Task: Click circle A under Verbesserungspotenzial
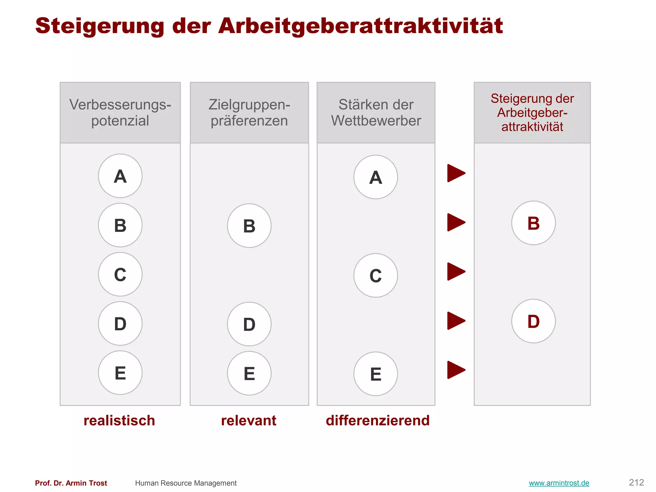pos(120,176)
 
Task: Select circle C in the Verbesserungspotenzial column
pos(120,274)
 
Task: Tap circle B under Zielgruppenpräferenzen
pos(249,225)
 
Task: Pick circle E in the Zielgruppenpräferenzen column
pos(249,373)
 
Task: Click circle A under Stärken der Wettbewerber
pos(375,177)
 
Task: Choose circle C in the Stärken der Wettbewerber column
pos(375,275)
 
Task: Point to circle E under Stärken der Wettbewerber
pos(375,374)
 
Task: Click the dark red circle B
pos(533,223)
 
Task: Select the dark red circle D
pos(533,321)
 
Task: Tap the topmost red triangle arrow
pos(455,173)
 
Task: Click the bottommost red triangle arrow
pos(455,370)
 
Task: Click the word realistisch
pos(119,420)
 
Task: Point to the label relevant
pos(249,420)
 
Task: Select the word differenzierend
pos(378,420)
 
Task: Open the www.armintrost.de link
pos(559,483)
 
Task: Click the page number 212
pos(636,482)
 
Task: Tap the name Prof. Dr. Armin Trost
pos(71,483)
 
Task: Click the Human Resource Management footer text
pos(186,483)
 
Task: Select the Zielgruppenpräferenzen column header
pos(249,112)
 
